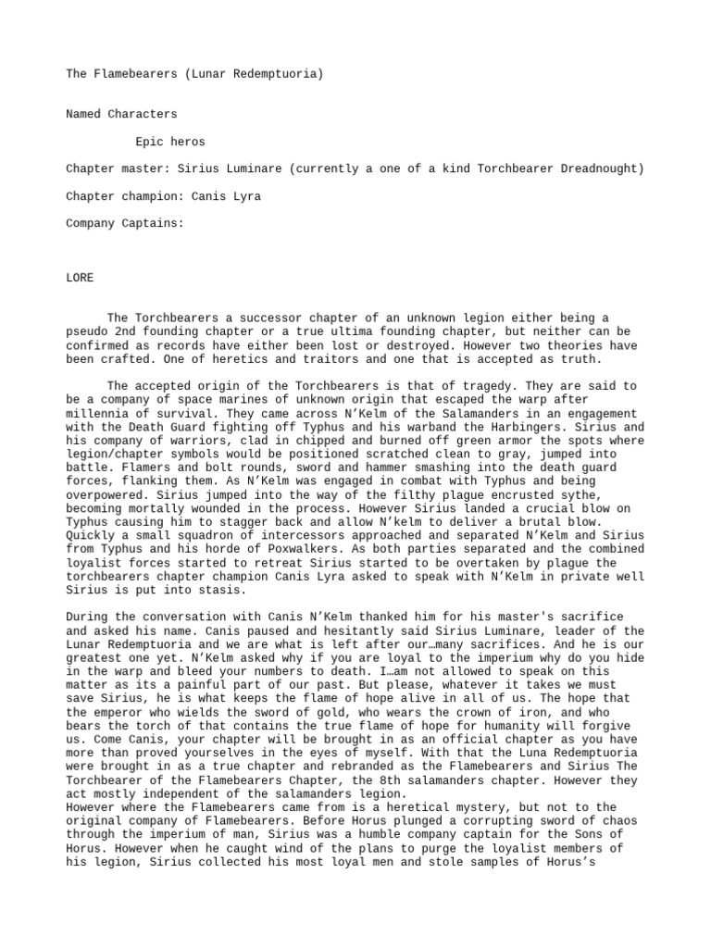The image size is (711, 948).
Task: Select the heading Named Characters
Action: (121, 114)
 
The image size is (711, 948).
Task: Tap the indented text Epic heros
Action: (170, 142)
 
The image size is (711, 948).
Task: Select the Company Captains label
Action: (125, 223)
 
